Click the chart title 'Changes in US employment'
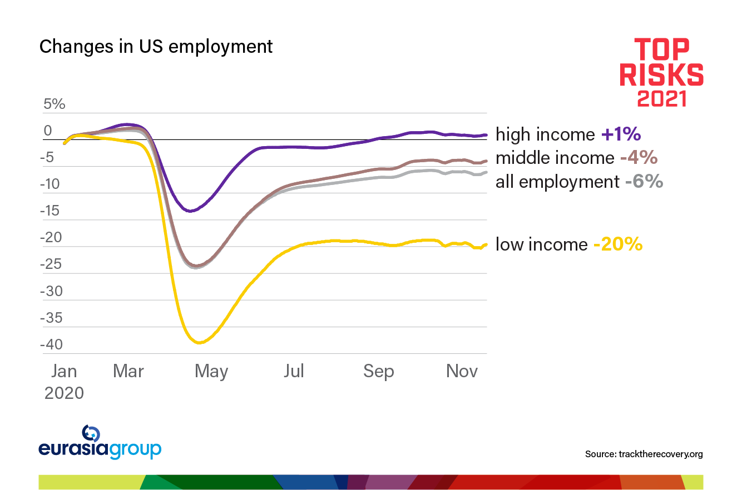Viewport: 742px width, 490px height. point(156,47)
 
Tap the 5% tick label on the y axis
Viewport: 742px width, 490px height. point(55,104)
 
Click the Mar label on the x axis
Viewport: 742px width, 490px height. point(128,371)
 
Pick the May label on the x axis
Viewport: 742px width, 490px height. point(211,371)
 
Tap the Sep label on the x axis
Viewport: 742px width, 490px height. point(378,371)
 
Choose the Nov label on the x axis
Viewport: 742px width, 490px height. point(462,371)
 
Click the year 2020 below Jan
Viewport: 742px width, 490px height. point(64,393)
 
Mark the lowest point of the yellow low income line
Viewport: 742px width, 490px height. point(199,343)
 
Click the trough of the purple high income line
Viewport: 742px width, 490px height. point(190,211)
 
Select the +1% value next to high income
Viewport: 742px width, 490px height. point(621,134)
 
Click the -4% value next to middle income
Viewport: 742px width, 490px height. point(639,158)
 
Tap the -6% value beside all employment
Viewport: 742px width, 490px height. point(644,182)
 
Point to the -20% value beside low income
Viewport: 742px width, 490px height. point(617,244)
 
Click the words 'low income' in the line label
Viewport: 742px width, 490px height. point(541,244)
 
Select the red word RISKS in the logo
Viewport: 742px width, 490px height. point(661,74)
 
